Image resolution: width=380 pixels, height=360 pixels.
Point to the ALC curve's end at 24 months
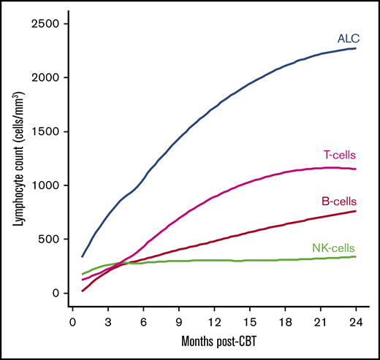355,48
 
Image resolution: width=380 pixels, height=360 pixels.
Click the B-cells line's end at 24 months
355,211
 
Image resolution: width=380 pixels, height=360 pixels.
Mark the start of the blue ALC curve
82,257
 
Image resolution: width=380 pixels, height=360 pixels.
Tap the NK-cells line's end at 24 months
355,256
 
